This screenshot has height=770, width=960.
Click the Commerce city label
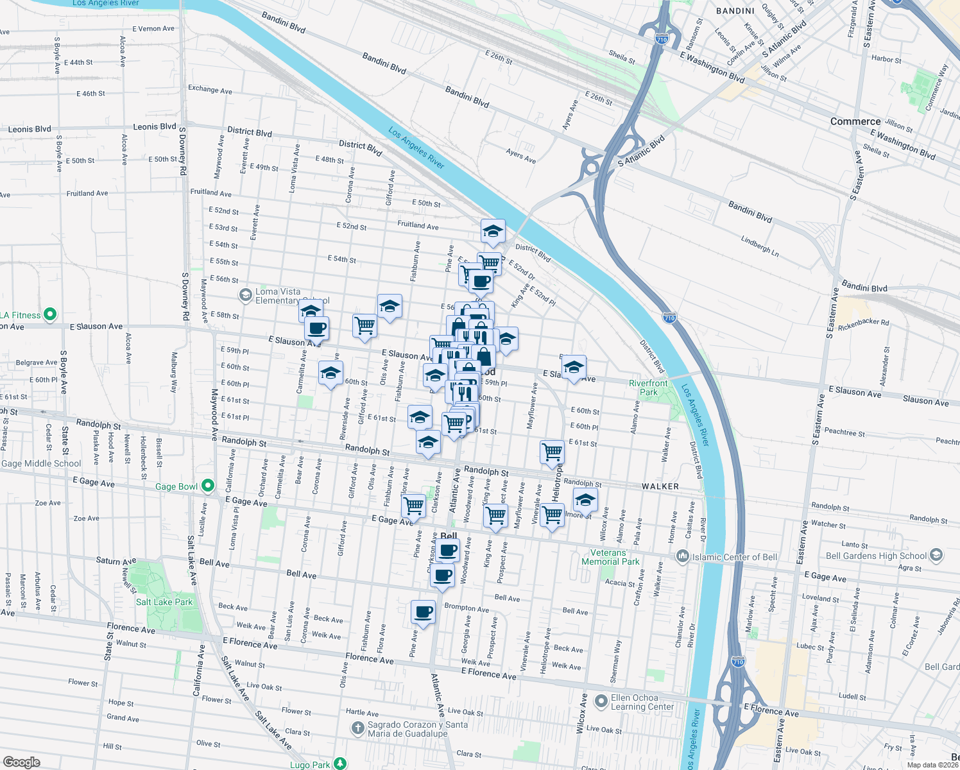click(855, 121)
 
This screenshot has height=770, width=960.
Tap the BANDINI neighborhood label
click(735, 11)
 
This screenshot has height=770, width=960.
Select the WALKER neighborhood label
click(660, 486)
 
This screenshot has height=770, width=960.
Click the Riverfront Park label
click(648, 388)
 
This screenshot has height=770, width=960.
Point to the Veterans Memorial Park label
click(610, 557)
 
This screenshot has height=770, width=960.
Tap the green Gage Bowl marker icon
click(207, 486)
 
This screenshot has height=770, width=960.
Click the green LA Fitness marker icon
click(50, 314)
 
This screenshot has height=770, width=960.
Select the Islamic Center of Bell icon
click(683, 556)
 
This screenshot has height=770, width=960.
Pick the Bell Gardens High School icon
click(936, 555)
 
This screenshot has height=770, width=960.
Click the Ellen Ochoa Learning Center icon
click(601, 701)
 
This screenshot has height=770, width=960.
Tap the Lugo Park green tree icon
click(340, 764)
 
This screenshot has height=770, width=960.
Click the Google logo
click(22, 762)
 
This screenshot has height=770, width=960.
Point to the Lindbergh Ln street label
click(760, 246)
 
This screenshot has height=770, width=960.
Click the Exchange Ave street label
click(210, 89)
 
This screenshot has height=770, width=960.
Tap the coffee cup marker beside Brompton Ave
click(423, 612)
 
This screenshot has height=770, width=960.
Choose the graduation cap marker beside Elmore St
click(585, 500)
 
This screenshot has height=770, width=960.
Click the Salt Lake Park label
click(164, 602)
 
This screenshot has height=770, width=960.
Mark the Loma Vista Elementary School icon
click(245, 295)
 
